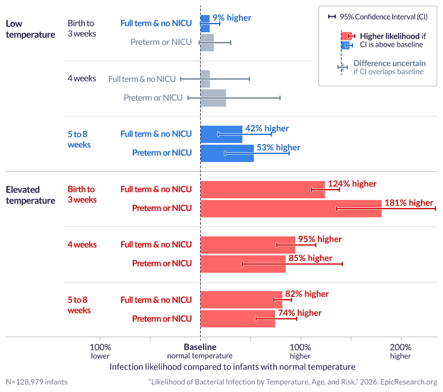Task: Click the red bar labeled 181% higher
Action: coord(291,208)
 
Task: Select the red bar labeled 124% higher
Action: coord(262,190)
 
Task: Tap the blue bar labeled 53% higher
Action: coord(227,153)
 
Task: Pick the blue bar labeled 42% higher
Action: coord(221,134)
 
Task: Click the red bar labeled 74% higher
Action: coord(237,319)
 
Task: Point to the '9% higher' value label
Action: coord(231,18)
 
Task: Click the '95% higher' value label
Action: coord(320,239)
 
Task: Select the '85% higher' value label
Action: coord(310,258)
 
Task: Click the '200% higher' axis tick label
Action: coord(400,351)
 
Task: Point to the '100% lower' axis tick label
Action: coord(100,351)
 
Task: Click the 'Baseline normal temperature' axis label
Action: coord(200,351)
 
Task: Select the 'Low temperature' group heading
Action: coord(31,29)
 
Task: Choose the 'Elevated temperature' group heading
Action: coord(31,194)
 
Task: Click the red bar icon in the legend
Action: coord(346,36)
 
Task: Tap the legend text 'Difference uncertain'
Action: coord(389,63)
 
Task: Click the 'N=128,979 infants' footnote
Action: coord(36,382)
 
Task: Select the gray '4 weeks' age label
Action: coord(82,78)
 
